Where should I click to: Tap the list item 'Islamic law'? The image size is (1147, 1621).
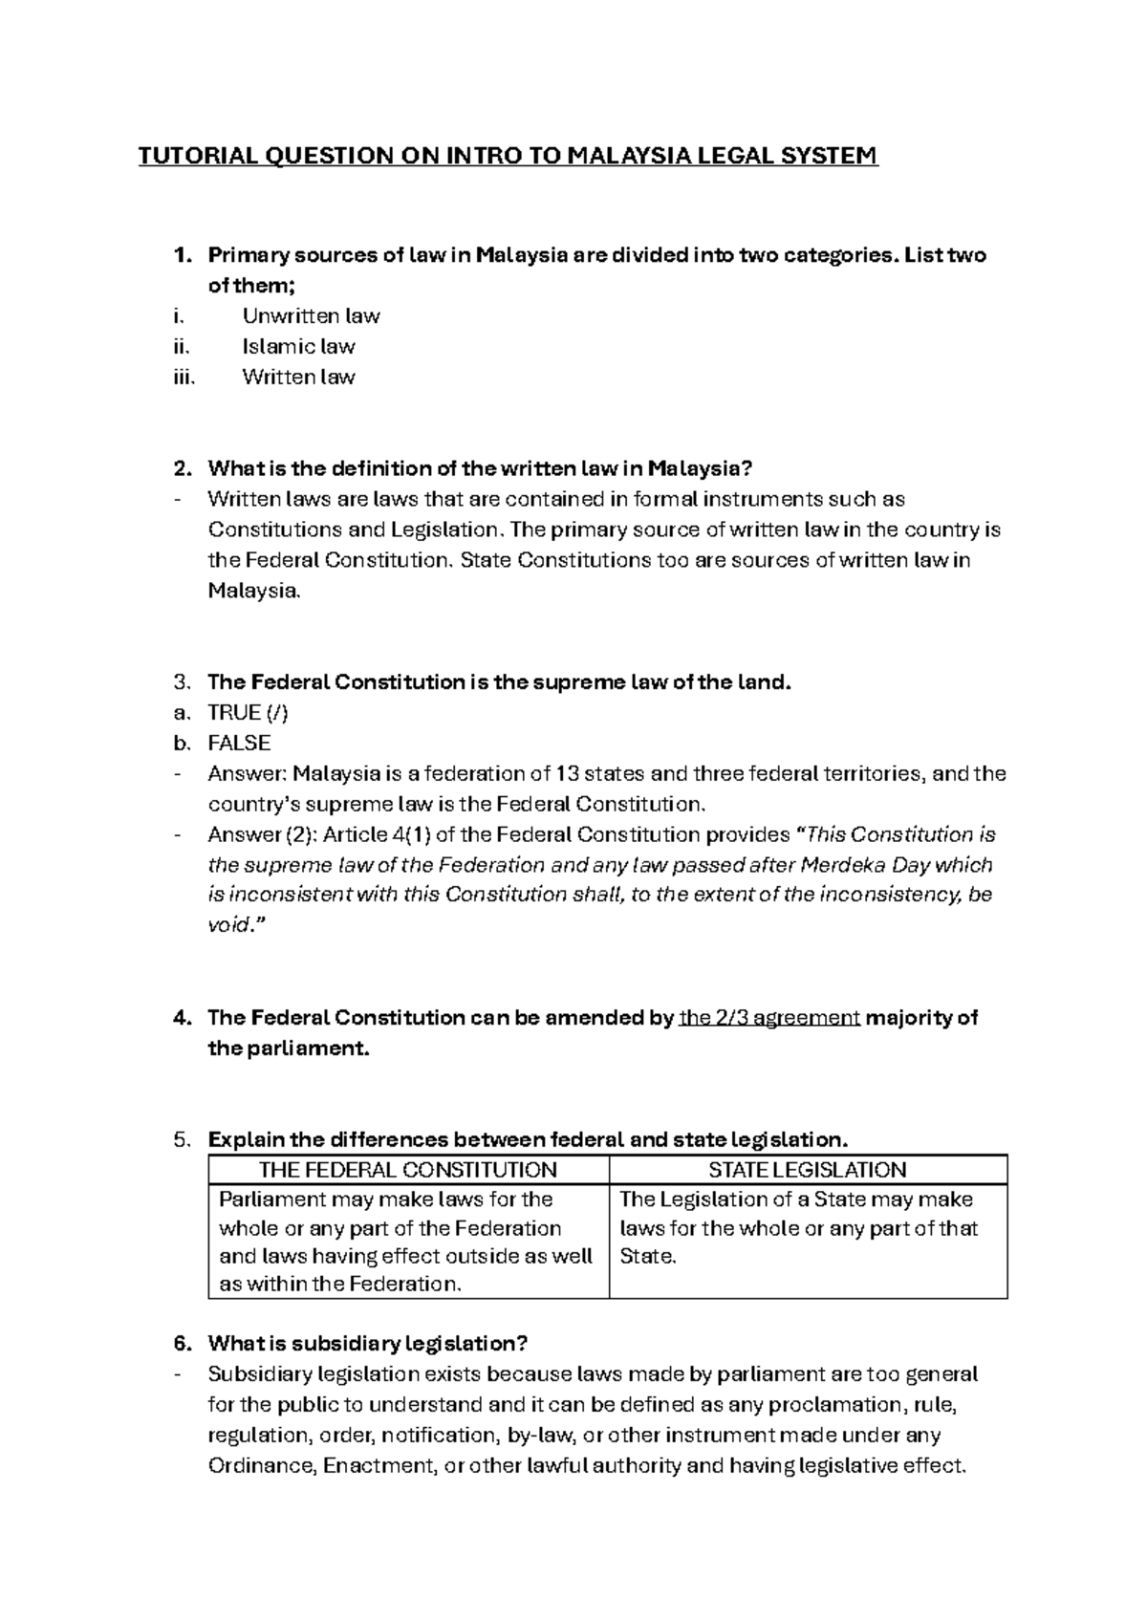(x=298, y=347)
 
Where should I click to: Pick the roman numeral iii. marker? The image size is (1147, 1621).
(x=184, y=378)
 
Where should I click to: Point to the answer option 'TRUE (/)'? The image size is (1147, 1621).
(x=248, y=713)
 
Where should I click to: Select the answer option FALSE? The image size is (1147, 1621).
(x=239, y=744)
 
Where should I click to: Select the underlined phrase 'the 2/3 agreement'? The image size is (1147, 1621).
(x=768, y=1018)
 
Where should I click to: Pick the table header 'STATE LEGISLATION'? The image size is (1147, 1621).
(x=808, y=1170)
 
